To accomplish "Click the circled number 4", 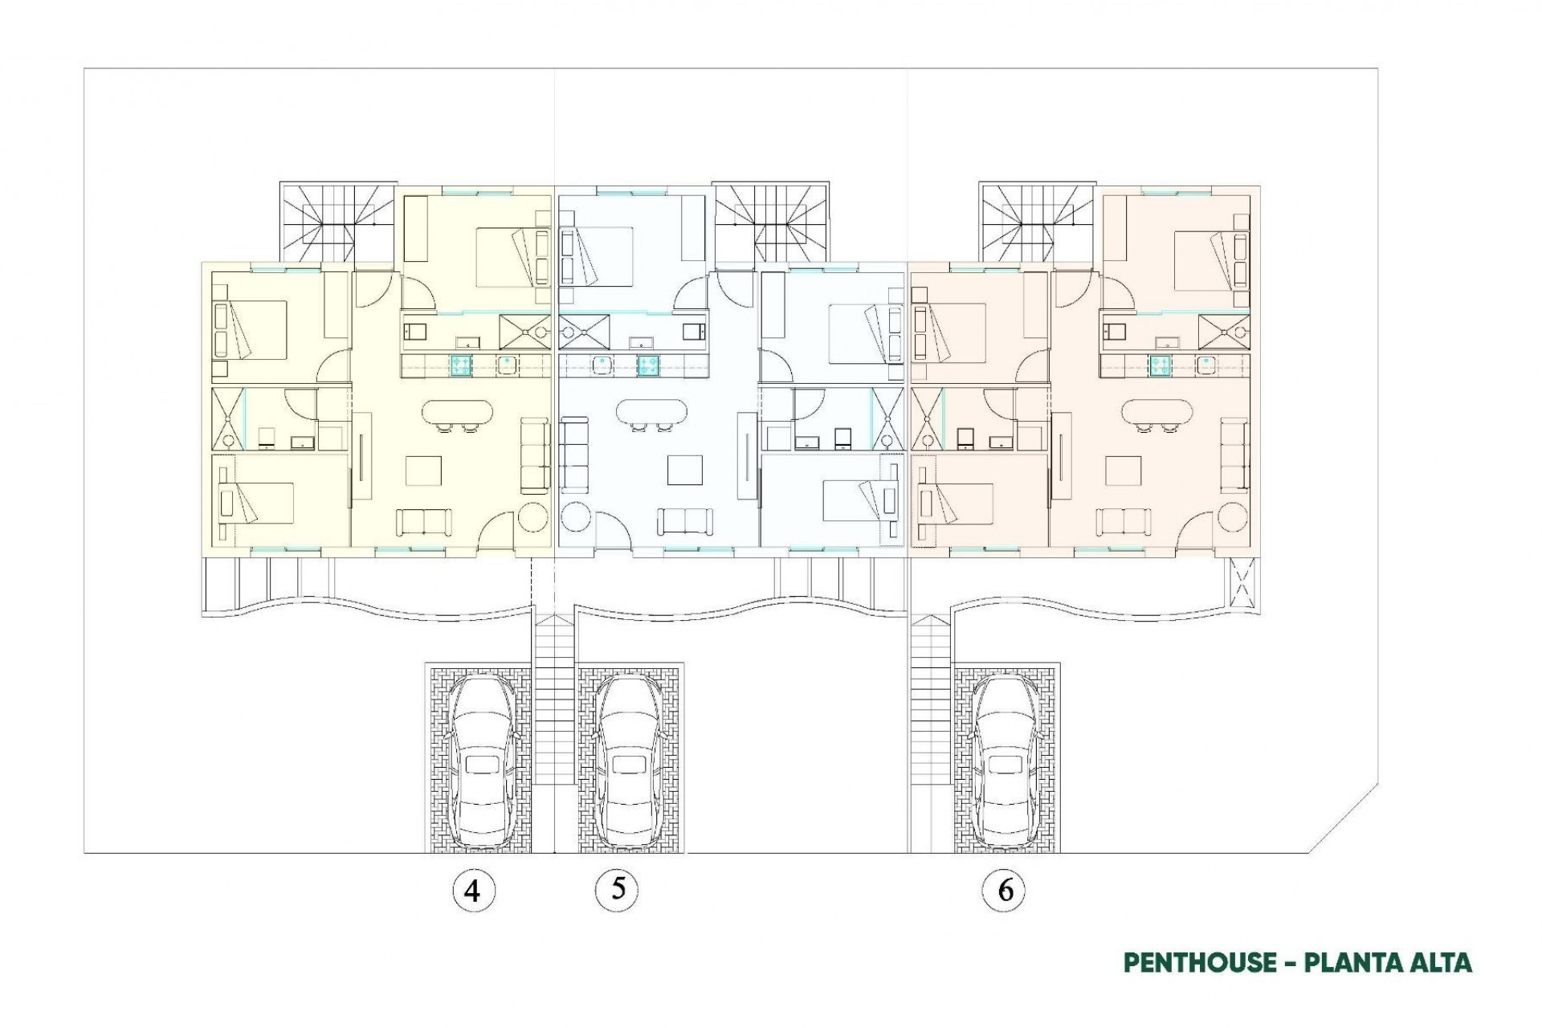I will tap(472, 891).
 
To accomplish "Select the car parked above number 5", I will tap(628, 759).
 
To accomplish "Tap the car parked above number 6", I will tap(1006, 759).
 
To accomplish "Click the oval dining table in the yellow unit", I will tap(455, 413).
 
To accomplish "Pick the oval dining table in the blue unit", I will tap(651, 413).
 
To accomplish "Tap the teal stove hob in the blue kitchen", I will tap(648, 365).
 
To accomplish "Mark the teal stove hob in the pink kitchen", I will tap(1160, 365).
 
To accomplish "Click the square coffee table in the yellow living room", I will tap(423, 471).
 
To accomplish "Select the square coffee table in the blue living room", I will tap(685, 471).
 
